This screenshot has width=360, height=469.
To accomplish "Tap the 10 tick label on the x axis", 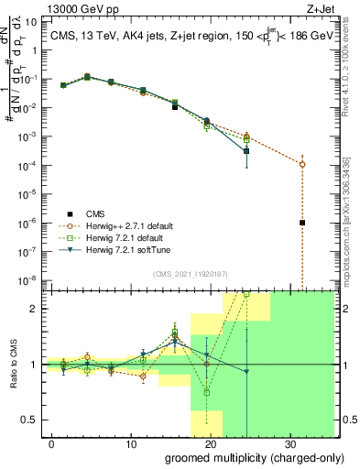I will coord(131,444).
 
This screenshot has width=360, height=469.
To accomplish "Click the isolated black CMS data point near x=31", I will coord(302,223).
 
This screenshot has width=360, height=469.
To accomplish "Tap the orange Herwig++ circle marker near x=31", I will coord(302,164).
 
